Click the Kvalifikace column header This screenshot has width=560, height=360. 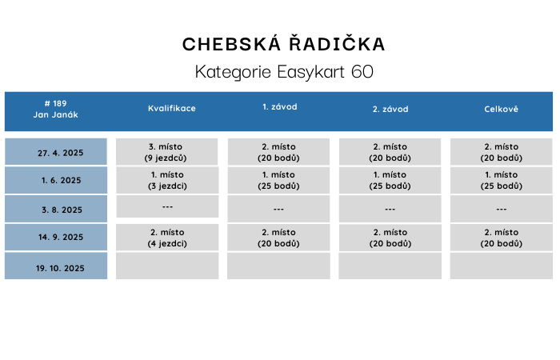click(x=171, y=109)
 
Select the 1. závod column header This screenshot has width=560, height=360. click(x=279, y=107)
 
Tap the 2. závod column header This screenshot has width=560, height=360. click(x=390, y=109)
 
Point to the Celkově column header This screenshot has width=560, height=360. click(x=501, y=109)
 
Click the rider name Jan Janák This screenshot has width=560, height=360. click(x=55, y=114)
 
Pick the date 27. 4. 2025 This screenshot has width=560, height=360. click(x=60, y=152)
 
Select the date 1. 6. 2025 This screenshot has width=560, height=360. click(x=61, y=181)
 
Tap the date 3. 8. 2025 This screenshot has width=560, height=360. click(x=61, y=210)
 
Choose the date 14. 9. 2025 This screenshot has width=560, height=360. click(x=60, y=238)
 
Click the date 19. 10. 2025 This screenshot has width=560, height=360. click(x=59, y=268)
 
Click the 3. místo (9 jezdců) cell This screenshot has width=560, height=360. click(x=167, y=152)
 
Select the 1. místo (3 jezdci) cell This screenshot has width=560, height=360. click(x=167, y=180)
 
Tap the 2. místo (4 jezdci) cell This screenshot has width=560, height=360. click(x=167, y=238)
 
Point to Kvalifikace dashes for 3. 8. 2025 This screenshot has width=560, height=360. click(x=167, y=207)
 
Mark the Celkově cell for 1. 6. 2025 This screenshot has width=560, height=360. click(x=501, y=180)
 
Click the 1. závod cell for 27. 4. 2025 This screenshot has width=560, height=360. click(x=278, y=152)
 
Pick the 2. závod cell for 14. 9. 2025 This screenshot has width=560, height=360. click(x=390, y=238)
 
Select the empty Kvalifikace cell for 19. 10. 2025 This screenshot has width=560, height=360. click(x=167, y=266)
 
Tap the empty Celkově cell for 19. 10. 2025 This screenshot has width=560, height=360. click(x=501, y=266)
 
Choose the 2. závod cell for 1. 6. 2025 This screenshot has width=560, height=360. click(x=390, y=180)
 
